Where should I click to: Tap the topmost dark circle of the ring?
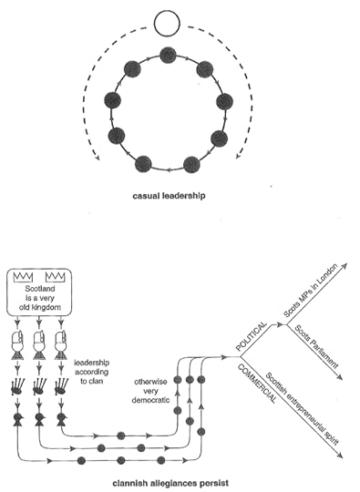pyautogui.click(x=168, y=56)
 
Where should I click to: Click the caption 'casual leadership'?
pyautogui.click(x=168, y=194)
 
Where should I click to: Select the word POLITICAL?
pyautogui.click(x=249, y=337)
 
